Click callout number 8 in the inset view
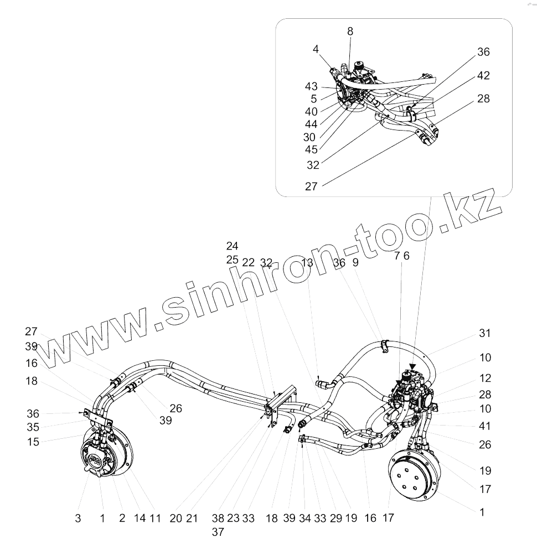[350, 32]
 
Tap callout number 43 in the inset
[311, 87]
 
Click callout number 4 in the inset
[316, 49]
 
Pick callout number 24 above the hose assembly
[232, 246]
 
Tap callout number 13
[307, 262]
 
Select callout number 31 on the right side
[484, 333]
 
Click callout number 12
[484, 378]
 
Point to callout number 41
[484, 427]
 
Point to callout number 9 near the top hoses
[355, 262]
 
